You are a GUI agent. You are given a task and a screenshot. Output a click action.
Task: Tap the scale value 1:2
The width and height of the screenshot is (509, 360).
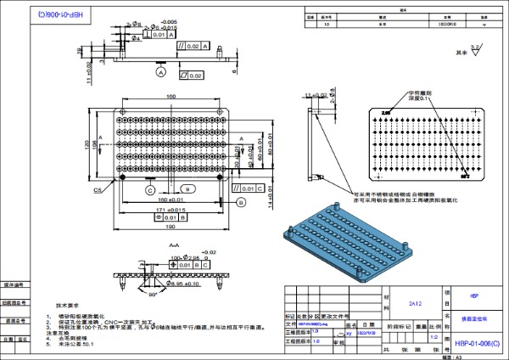434,336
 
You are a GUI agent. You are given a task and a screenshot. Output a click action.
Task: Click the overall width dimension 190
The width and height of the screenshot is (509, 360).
171,228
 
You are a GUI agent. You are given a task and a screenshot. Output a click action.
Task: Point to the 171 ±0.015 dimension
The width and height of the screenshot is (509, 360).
171,209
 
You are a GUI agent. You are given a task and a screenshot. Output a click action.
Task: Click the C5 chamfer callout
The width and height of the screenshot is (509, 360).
98,190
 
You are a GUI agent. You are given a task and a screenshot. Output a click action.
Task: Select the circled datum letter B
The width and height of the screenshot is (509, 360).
240,201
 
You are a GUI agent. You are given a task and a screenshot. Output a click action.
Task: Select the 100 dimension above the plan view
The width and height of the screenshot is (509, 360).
171,97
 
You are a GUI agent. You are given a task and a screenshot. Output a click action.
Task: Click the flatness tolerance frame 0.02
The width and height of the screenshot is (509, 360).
192,76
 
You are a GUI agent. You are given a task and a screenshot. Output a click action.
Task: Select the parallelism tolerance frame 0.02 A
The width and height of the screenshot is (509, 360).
189,46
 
